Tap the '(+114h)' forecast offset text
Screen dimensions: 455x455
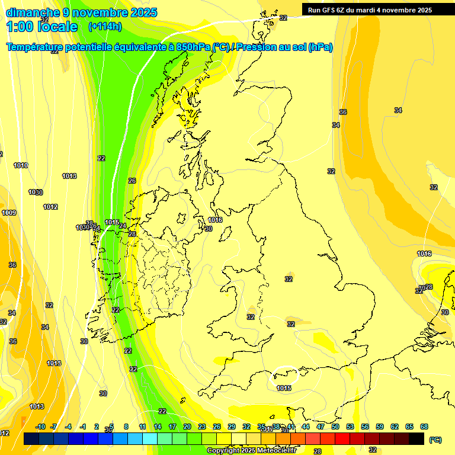pyautogui.click(x=105, y=27)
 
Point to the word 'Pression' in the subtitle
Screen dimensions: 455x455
pyautogui.click(x=261, y=47)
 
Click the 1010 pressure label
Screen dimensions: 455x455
pyautogui.click(x=21, y=165)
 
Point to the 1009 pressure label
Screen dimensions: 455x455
pyautogui.click(x=9, y=213)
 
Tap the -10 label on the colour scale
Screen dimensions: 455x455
pyautogui.click(x=41, y=427)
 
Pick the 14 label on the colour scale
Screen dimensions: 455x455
pyautogui.click(x=158, y=427)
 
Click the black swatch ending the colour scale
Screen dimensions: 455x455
pyautogui.click(x=416, y=439)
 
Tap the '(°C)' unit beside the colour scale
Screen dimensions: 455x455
pyautogui.click(x=435, y=440)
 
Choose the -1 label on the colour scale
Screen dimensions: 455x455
pyautogui.click(x=84, y=427)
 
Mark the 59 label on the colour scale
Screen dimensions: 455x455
pyautogui.click(x=379, y=427)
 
